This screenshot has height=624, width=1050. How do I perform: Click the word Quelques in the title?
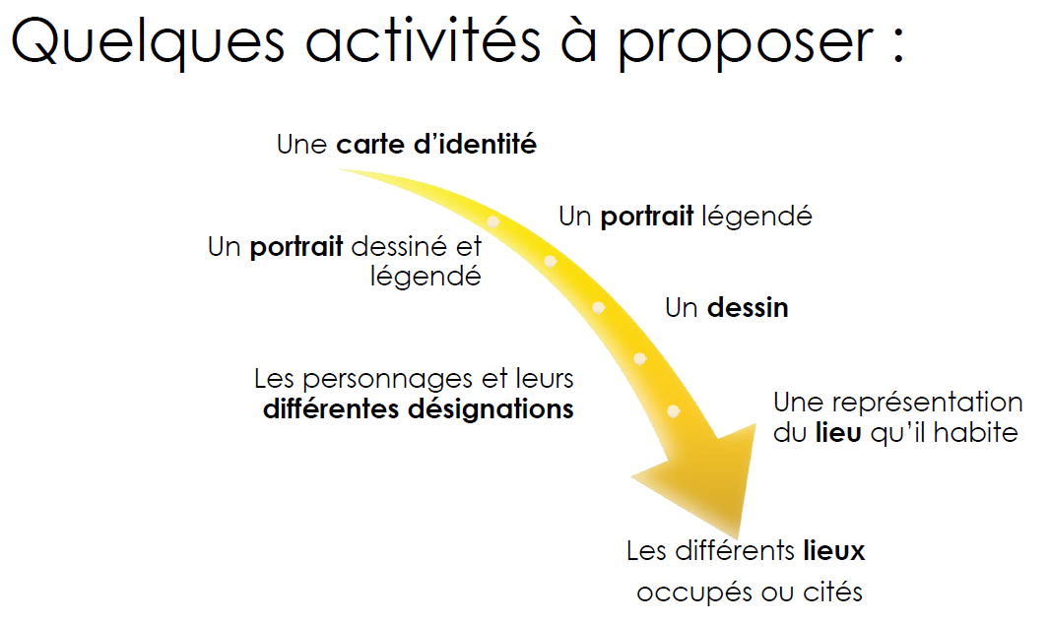pos(148,41)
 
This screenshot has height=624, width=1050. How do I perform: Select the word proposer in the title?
pos(746,45)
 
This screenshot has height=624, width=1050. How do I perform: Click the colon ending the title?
pos(898,44)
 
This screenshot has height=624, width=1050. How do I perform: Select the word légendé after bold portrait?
pos(756,217)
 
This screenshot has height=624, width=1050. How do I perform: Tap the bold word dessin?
pos(748,308)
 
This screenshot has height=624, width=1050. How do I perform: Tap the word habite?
pos(976,433)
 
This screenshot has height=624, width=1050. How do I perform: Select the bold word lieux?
pos(833,551)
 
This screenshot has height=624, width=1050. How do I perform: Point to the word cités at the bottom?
pos(832,592)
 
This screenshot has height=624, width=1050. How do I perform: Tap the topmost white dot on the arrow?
pos(492,221)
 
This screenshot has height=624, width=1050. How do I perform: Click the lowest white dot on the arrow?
pos(674,411)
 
